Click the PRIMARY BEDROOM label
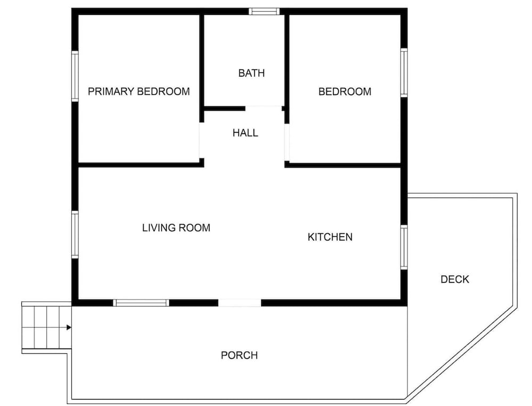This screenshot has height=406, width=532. click(x=139, y=92)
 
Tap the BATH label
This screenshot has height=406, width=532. click(x=252, y=73)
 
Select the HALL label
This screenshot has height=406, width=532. click(x=245, y=132)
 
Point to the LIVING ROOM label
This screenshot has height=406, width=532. click(x=176, y=227)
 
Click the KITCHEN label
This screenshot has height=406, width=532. click(x=330, y=237)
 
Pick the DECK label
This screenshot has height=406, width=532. click(x=455, y=279)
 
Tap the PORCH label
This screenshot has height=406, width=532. click(x=239, y=355)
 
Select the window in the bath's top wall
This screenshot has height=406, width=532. click(x=264, y=12)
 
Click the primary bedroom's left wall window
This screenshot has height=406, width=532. click(x=75, y=76)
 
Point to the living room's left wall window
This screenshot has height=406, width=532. click(x=75, y=235)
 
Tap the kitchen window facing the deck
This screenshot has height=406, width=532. click(x=404, y=247)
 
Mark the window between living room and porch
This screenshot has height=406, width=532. click(x=141, y=303)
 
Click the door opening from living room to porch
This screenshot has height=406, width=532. click(x=239, y=303)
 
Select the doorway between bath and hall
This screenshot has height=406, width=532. click(x=264, y=109)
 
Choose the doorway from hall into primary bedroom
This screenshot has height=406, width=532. click(x=202, y=140)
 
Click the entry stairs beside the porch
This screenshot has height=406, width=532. click(x=46, y=327)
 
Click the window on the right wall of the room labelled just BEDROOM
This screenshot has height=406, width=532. click(x=404, y=73)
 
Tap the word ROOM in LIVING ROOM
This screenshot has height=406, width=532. click(x=194, y=227)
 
